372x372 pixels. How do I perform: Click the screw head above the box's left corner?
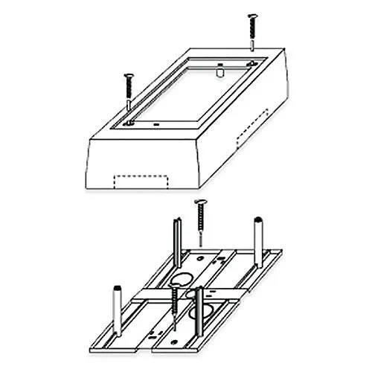(x=127, y=74)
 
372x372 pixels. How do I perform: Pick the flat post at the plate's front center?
(x=199, y=295)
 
